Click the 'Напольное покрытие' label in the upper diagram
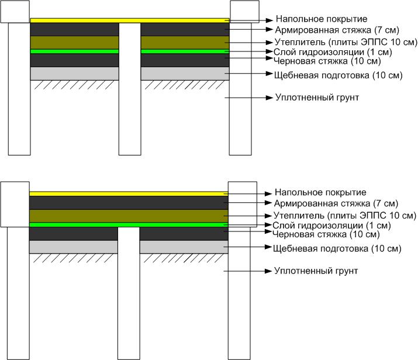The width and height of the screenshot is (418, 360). (322, 19)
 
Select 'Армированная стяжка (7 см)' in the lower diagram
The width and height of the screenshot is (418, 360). (336, 203)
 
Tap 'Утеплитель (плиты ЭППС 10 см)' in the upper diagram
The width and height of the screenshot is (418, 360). (346, 42)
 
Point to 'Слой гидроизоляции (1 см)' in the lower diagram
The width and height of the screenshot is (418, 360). (331, 226)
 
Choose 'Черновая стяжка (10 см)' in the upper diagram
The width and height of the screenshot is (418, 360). (327, 61)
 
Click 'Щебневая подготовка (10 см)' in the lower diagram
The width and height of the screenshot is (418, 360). (337, 248)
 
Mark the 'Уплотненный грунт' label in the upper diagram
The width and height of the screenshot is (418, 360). (317, 98)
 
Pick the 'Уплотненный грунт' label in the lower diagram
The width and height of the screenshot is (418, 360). (316, 271)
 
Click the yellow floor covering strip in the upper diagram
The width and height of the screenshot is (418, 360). (130, 20)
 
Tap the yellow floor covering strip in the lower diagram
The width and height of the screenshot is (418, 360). (129, 193)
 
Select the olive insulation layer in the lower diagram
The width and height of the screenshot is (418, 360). (129, 216)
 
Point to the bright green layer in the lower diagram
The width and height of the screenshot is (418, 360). (129, 225)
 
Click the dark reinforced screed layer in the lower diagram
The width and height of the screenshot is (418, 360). (129, 203)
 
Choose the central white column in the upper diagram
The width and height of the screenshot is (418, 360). (130, 89)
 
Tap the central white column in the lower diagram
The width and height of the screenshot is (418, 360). (129, 293)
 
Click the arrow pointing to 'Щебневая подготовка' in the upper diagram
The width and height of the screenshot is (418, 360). (248, 74)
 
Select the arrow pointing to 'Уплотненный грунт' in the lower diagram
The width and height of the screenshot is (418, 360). (248, 271)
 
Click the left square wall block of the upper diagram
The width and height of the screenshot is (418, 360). (15, 12)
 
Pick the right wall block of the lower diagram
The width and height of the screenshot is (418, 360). (243, 205)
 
